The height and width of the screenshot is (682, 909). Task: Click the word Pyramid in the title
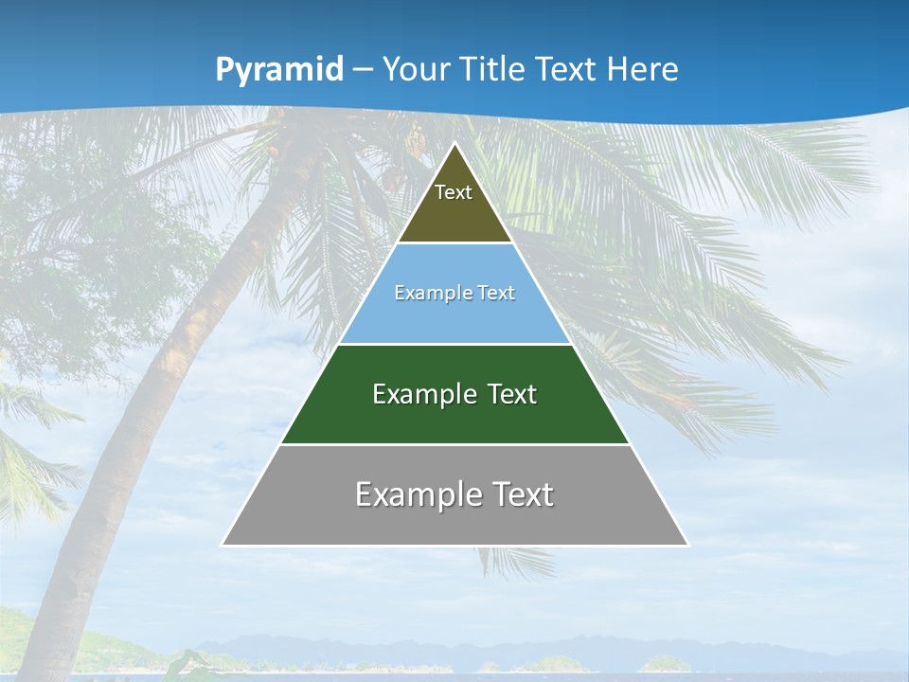[x=279, y=70]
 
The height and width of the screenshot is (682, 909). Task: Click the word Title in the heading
[x=494, y=69]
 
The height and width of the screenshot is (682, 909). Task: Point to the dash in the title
[x=362, y=70]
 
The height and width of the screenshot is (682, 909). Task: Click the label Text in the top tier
[x=454, y=192]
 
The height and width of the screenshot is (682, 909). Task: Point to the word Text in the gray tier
[x=519, y=494]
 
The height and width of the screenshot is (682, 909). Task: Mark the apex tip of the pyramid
[x=455, y=144]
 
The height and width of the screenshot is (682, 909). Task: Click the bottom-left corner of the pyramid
[x=223, y=544]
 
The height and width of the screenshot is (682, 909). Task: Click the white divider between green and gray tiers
[x=454, y=444]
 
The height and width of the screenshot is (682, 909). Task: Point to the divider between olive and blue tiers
[x=454, y=243]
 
